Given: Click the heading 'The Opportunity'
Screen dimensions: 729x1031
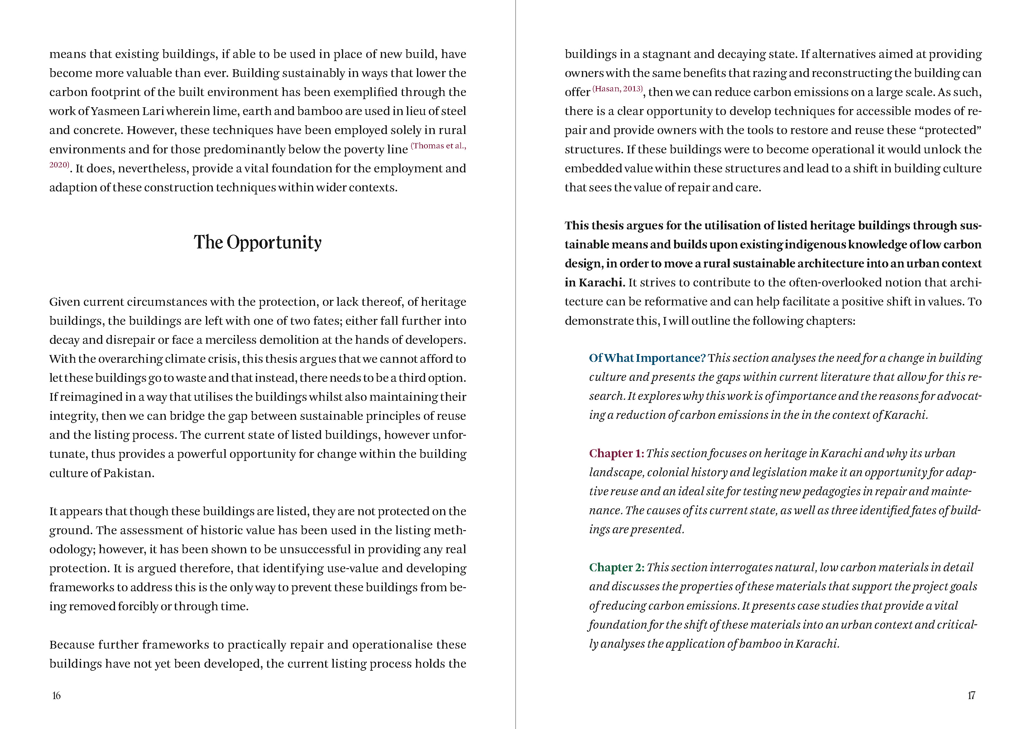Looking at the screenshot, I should (x=257, y=242).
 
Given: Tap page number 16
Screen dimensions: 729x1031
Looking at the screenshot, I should (x=56, y=696).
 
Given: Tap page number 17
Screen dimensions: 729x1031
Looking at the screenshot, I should (x=971, y=696).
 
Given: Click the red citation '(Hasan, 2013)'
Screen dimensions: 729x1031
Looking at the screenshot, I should (x=618, y=89).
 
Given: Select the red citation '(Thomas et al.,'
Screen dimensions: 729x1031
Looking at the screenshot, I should (x=438, y=146).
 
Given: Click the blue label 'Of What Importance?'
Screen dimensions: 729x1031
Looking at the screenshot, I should (x=647, y=358).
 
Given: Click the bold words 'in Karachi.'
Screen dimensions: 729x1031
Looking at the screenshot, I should (x=595, y=282).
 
